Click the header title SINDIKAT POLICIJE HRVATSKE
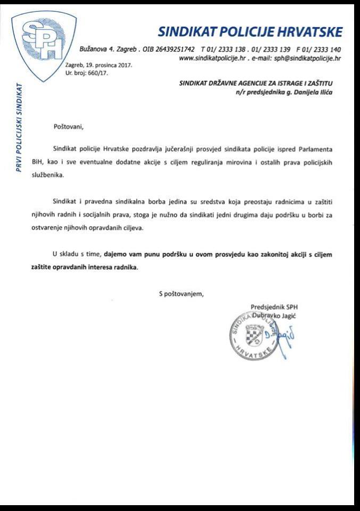pos(250,31)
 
